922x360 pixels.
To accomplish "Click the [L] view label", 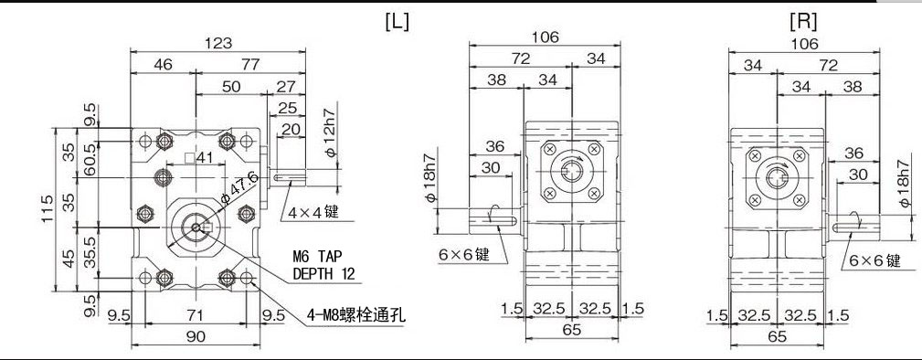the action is tap(397, 21).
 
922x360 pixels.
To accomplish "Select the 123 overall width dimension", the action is tap(218, 42).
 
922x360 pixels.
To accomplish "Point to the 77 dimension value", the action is tap(249, 64).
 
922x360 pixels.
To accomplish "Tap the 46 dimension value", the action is tap(163, 64).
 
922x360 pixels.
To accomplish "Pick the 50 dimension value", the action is tap(231, 86).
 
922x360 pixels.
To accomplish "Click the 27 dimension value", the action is tap(286, 86).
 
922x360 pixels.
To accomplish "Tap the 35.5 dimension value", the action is tap(90, 251).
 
